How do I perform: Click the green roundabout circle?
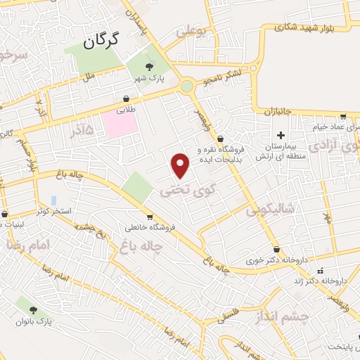187,86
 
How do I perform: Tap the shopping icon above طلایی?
127,98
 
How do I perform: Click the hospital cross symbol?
281,135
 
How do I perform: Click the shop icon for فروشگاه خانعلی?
150,217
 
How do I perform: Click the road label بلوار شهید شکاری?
310,27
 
